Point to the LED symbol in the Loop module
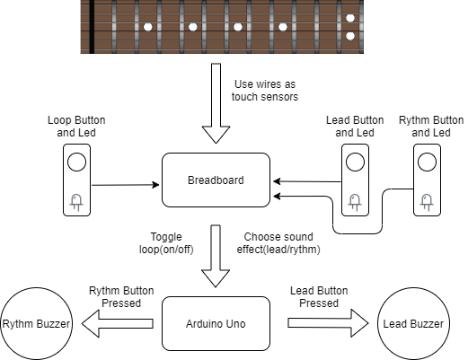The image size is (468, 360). pyautogui.click(x=76, y=202)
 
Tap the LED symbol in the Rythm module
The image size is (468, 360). pyautogui.click(x=427, y=202)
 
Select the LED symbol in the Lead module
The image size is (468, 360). pyautogui.click(x=355, y=202)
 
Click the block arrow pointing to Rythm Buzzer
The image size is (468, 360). pyautogui.click(x=118, y=323)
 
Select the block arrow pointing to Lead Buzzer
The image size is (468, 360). pyautogui.click(x=328, y=323)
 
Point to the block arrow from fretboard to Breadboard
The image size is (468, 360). pyautogui.click(x=216, y=103)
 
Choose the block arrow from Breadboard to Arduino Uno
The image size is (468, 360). pyautogui.click(x=216, y=256)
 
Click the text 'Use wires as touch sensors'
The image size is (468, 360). pyautogui.click(x=265, y=91)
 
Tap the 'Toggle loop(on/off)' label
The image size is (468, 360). pyautogui.click(x=166, y=243)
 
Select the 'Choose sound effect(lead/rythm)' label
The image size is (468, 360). pyautogui.click(x=278, y=243)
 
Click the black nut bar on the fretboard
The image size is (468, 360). pyautogui.click(x=92, y=27)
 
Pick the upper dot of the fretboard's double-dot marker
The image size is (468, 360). pyautogui.click(x=350, y=18)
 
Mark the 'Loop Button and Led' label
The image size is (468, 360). pyautogui.click(x=76, y=127)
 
